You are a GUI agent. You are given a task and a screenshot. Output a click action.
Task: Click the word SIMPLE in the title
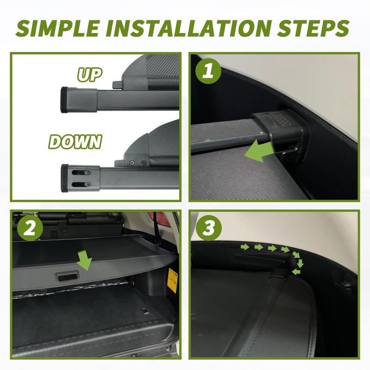point(57,28)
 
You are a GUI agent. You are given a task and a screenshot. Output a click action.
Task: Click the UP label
point(90,74)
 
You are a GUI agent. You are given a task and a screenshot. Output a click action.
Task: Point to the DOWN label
point(75,142)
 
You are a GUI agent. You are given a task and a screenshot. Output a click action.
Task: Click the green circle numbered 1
point(209,71)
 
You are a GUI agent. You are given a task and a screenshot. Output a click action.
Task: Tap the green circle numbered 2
point(30,228)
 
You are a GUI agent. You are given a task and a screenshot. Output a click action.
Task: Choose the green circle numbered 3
point(209,228)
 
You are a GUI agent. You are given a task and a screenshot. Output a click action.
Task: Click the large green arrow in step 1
point(259,152)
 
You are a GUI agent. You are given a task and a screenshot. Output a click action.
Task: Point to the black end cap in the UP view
point(64,100)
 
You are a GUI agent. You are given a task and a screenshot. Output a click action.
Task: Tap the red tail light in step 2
point(158,219)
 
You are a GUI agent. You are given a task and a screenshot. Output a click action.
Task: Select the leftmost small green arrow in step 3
point(245,247)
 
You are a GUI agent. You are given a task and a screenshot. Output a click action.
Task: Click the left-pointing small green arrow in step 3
point(296,272)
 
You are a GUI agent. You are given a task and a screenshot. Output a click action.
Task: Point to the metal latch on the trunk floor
point(144,311)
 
